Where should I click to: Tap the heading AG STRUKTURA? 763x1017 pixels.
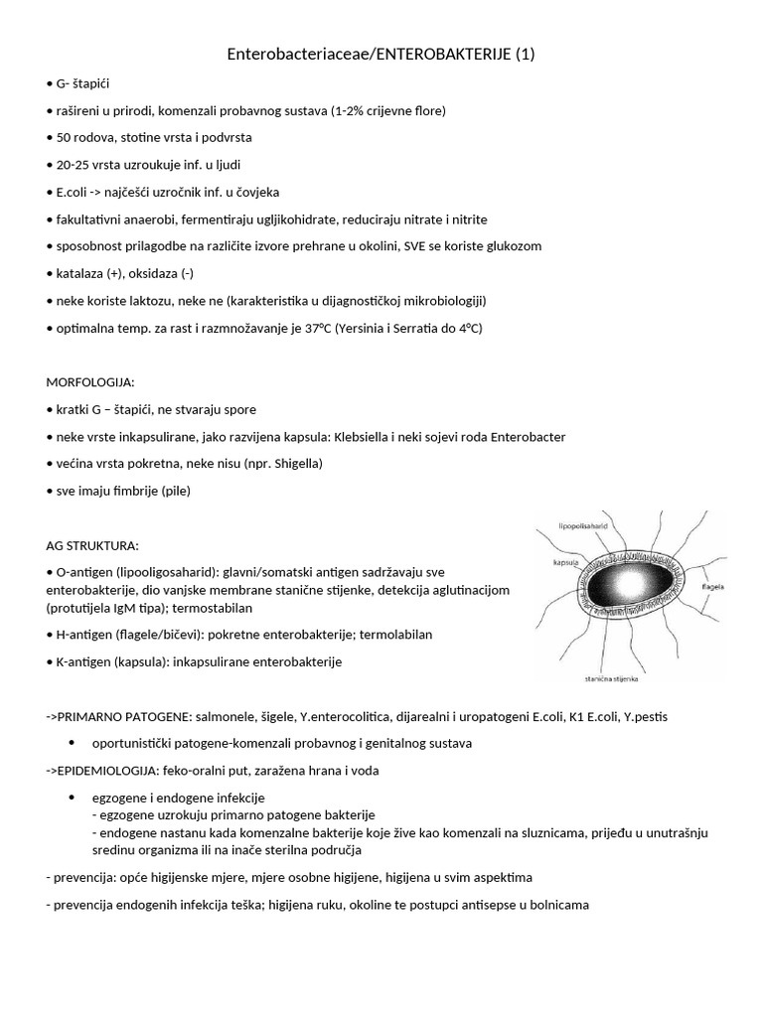point(93,545)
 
